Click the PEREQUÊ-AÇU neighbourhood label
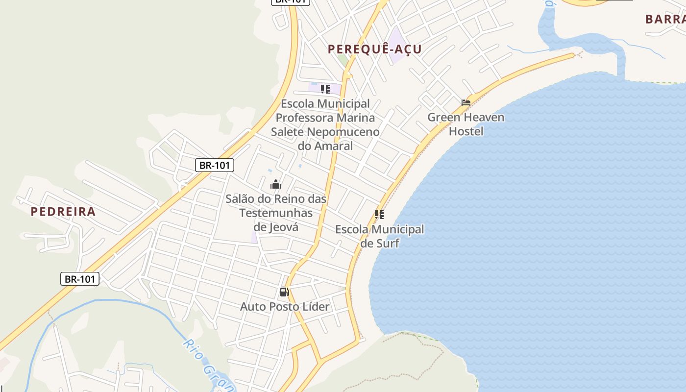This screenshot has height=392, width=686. [x=374, y=49]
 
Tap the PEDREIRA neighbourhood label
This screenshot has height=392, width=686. [x=63, y=212]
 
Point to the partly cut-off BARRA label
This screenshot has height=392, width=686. [x=665, y=19]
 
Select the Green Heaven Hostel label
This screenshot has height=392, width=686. [x=465, y=124]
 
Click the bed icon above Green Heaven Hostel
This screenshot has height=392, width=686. [x=466, y=103]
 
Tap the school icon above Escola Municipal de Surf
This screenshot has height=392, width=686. [x=379, y=215]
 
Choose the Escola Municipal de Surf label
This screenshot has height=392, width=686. [x=380, y=236]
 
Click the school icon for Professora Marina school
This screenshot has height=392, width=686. [x=325, y=89]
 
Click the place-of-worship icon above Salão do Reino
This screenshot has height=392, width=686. [x=276, y=185]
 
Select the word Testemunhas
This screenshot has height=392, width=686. [x=276, y=213]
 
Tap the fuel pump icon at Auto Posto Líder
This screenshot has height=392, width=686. [x=284, y=293]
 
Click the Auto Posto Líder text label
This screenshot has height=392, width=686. [x=284, y=307]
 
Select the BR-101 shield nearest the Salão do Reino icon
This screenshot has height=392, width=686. [x=215, y=165]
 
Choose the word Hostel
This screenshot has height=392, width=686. [x=466, y=131]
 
